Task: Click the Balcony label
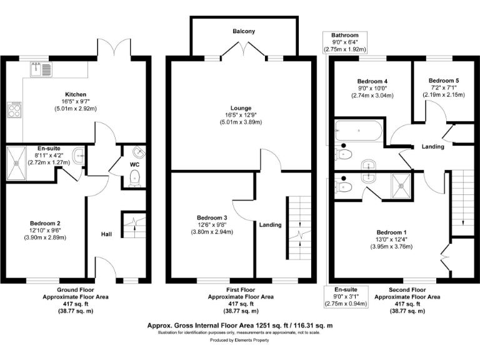243,31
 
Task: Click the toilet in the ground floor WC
134,179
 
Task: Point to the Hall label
106,234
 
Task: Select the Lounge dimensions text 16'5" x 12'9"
243,115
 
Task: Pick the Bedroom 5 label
444,81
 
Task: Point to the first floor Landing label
271,225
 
